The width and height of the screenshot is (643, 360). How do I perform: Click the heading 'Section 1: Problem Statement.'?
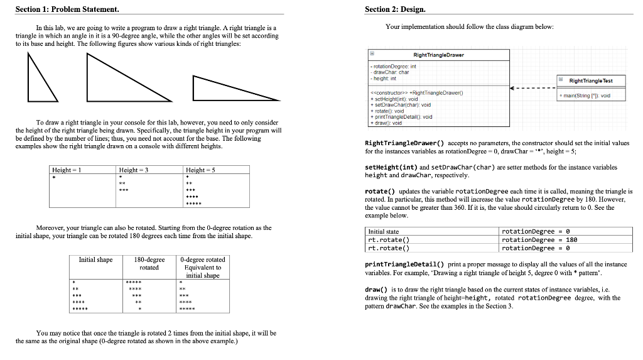(x=58, y=9)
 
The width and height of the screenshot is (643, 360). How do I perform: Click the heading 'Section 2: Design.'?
(x=395, y=9)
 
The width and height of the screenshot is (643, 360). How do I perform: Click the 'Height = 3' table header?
(x=133, y=170)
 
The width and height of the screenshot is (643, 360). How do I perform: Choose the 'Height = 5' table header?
(x=200, y=170)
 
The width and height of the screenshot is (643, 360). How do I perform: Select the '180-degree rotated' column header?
(x=149, y=263)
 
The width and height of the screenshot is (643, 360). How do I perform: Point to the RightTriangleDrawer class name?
(x=439, y=55)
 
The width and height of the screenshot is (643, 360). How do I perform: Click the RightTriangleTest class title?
(x=590, y=80)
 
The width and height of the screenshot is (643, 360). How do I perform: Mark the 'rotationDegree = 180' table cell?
(x=533, y=239)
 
